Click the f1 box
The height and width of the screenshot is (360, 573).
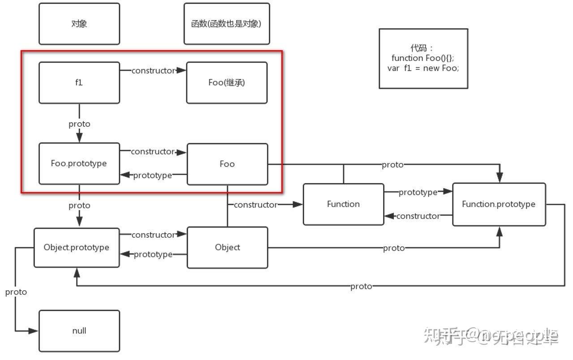pyautogui.click(x=79, y=83)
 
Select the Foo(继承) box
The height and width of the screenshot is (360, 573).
pyautogui.click(x=227, y=83)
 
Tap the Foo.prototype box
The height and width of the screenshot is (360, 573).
pyautogui.click(x=79, y=163)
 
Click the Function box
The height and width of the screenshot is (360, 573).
pyautogui.click(x=343, y=204)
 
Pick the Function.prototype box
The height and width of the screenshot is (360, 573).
pyautogui.click(x=499, y=204)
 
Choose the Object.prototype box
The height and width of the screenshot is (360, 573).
pyautogui.click(x=77, y=248)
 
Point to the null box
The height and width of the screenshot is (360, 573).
pyautogui.click(x=79, y=331)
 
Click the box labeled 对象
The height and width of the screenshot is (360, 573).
pyautogui.click(x=79, y=24)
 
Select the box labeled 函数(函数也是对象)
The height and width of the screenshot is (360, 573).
pyautogui.click(x=227, y=24)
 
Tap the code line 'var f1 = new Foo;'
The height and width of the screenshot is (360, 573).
pyautogui.click(x=423, y=69)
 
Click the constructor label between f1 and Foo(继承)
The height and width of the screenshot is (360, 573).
pyautogui.click(x=153, y=71)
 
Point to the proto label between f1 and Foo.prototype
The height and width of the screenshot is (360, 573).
pyautogui.click(x=79, y=124)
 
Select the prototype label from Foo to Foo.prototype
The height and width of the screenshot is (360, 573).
pyautogui.click(x=152, y=176)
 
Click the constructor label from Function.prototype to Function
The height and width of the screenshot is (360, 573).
pyautogui.click(x=418, y=216)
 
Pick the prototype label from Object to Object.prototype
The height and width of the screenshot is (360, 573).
pyautogui.click(x=153, y=254)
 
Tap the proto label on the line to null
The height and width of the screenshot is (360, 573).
pyautogui.click(x=16, y=292)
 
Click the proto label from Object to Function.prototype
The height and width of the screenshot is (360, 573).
pyautogui.click(x=394, y=248)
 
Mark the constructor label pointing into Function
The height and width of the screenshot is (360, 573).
pyautogui.click(x=255, y=205)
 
